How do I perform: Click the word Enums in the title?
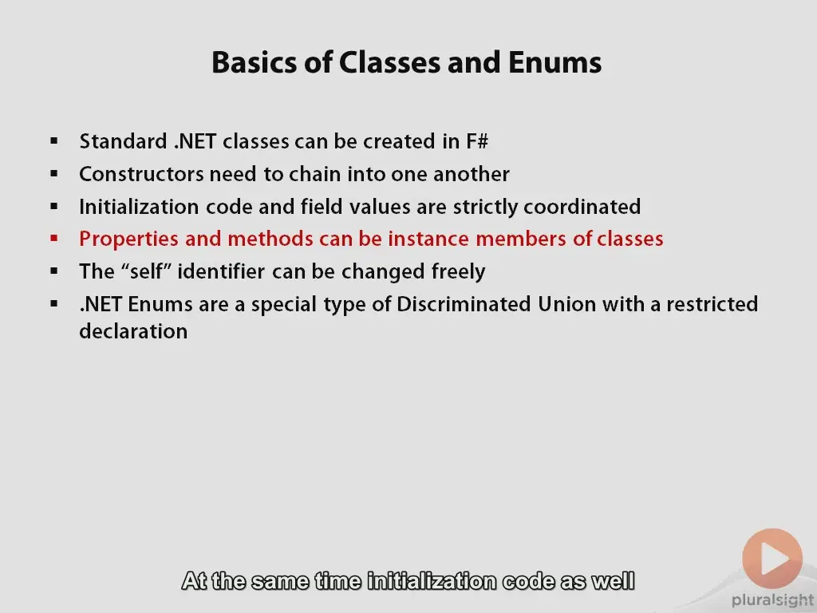point(555,62)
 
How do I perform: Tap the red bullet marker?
point(53,239)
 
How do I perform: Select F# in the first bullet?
point(477,141)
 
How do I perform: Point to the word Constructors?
point(141,174)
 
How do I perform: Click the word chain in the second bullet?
point(315,174)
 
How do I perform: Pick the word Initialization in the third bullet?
point(139,207)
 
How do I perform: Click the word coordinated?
point(582,207)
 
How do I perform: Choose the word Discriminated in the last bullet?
point(464,304)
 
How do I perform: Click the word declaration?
point(133,331)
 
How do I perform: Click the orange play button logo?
point(772,559)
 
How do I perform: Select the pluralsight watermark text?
point(773,600)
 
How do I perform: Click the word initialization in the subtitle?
point(432,581)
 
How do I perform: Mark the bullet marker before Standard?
point(53,141)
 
